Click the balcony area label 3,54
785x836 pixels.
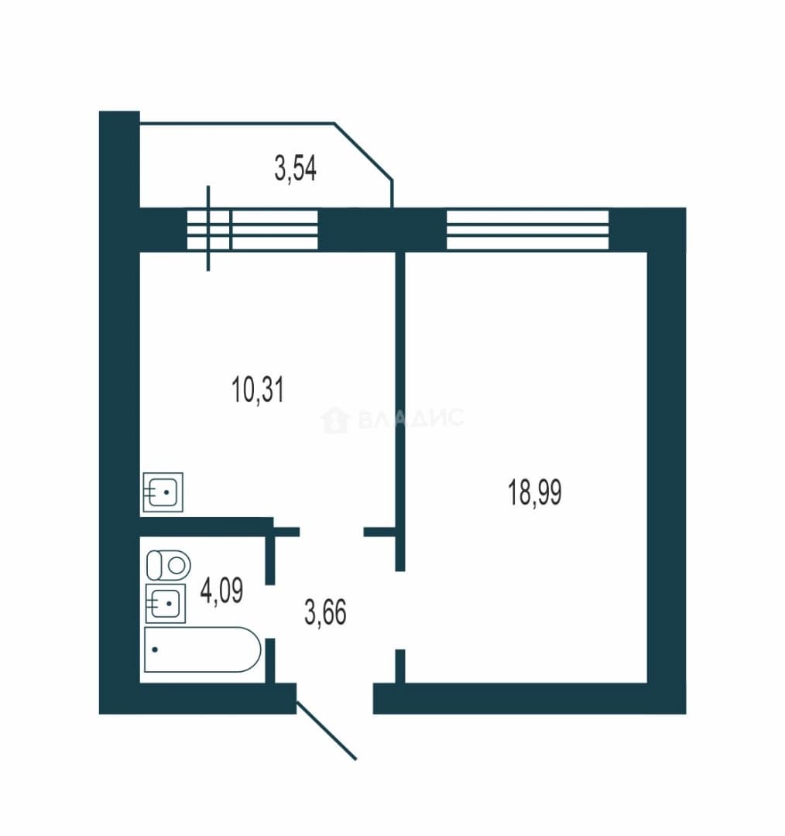pyautogui.click(x=295, y=168)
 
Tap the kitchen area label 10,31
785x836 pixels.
pyautogui.click(x=258, y=389)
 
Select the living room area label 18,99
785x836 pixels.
pyautogui.click(x=534, y=492)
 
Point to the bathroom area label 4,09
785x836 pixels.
pyautogui.click(x=221, y=590)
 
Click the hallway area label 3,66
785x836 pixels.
pyautogui.click(x=325, y=612)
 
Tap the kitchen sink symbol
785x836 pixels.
pyautogui.click(x=163, y=492)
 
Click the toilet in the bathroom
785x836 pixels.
pyautogui.click(x=169, y=565)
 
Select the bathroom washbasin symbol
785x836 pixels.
pyautogui.click(x=166, y=604)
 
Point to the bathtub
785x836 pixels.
pyautogui.click(x=203, y=649)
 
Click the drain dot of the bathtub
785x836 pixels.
pyautogui.click(x=155, y=649)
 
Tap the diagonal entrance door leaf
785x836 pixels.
pyautogui.click(x=327, y=731)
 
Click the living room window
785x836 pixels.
pyautogui.click(x=527, y=230)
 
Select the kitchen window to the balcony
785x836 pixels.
pyautogui.click(x=252, y=230)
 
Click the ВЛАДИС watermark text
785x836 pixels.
pyautogui.click(x=411, y=418)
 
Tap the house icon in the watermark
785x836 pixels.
pyautogui.click(x=334, y=420)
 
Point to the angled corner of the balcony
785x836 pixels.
pyautogui.click(x=364, y=151)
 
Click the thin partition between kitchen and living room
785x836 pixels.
pyautogui.click(x=400, y=411)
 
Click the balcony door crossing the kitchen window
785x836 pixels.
pyautogui.click(x=208, y=228)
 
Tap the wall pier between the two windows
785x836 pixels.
pyautogui.click(x=382, y=230)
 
